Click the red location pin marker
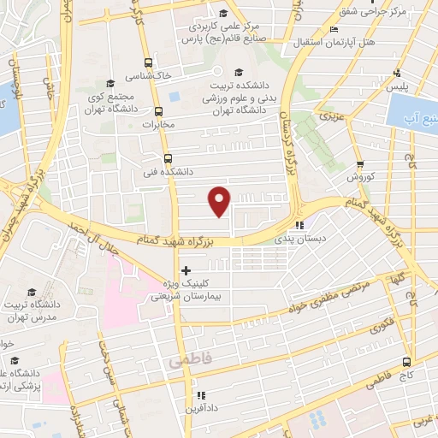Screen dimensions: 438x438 pos(220,200)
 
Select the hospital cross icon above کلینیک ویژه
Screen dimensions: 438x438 pos(186,270)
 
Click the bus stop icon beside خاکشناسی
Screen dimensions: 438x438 pos(149,62)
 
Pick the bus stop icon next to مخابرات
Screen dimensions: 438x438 pos(159,110)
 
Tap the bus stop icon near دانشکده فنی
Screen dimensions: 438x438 pos(167,158)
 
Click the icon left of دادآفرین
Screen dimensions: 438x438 pos(200,396)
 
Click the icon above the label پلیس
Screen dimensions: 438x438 pos(395,73)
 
